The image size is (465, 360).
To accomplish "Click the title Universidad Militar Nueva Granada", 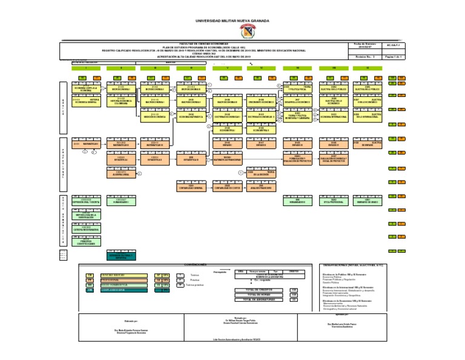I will pyautogui.click(x=232, y=21).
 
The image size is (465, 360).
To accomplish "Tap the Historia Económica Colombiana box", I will pyautogui.click(x=123, y=101).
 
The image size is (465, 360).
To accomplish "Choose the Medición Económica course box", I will pyautogui.click(x=157, y=115).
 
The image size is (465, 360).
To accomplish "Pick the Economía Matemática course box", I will pyautogui.click(x=191, y=115).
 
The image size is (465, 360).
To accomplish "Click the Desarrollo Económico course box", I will pyautogui.click(x=297, y=101).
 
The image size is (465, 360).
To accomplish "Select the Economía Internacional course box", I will pyautogui.click(x=334, y=115).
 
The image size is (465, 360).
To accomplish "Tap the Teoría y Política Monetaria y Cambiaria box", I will pyautogui.click(x=297, y=115).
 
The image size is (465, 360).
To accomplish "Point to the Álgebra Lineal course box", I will pyautogui.click(x=123, y=173).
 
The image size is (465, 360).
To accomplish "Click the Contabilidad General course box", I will pyautogui.click(x=191, y=187).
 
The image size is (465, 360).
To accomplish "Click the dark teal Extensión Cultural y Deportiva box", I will pyautogui.click(x=123, y=256).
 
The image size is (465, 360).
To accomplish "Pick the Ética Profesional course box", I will pyautogui.click(x=334, y=201).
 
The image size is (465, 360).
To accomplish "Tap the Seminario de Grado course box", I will pyautogui.click(x=367, y=201).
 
